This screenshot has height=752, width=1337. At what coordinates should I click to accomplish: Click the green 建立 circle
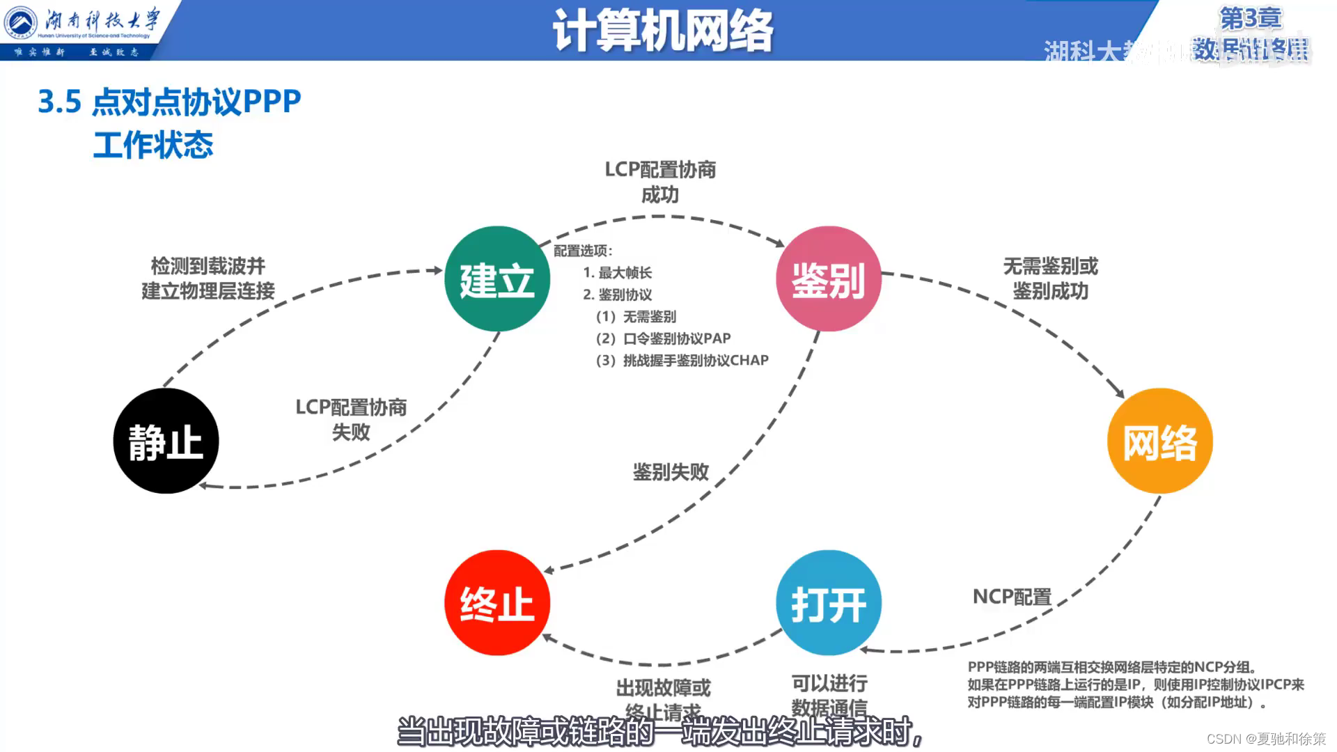[497, 279]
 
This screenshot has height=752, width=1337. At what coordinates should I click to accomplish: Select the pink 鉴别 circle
[829, 279]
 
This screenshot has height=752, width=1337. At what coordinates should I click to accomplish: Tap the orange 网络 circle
[1160, 441]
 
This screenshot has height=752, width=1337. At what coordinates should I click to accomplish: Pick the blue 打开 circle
[829, 603]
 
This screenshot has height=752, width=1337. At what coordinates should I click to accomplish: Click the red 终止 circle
[497, 603]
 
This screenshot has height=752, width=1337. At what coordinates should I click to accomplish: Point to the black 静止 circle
[166, 441]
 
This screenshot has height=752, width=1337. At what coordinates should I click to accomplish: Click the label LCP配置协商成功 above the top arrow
[660, 182]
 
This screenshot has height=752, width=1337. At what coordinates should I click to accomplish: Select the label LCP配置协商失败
[351, 419]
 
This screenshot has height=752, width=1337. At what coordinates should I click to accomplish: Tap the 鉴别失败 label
[671, 472]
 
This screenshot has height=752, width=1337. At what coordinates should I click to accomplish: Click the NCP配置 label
[1012, 597]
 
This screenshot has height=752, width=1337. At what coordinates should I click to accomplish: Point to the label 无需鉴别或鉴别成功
[1050, 279]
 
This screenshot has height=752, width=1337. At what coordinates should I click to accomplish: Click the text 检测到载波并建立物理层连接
[208, 279]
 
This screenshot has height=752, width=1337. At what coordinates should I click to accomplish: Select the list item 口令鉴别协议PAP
[663, 338]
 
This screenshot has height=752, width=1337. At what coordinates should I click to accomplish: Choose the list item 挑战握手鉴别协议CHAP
[682, 360]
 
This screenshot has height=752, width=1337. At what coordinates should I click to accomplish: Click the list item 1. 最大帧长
[617, 273]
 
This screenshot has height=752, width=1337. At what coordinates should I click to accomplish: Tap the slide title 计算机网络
[662, 31]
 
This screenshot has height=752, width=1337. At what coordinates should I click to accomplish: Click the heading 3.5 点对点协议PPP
[169, 102]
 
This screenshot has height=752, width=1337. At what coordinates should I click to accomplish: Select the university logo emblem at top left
[20, 23]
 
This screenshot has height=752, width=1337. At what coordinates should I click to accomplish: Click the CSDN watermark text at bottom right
[1265, 739]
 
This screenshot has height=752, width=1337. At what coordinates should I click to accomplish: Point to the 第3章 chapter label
[1250, 18]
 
